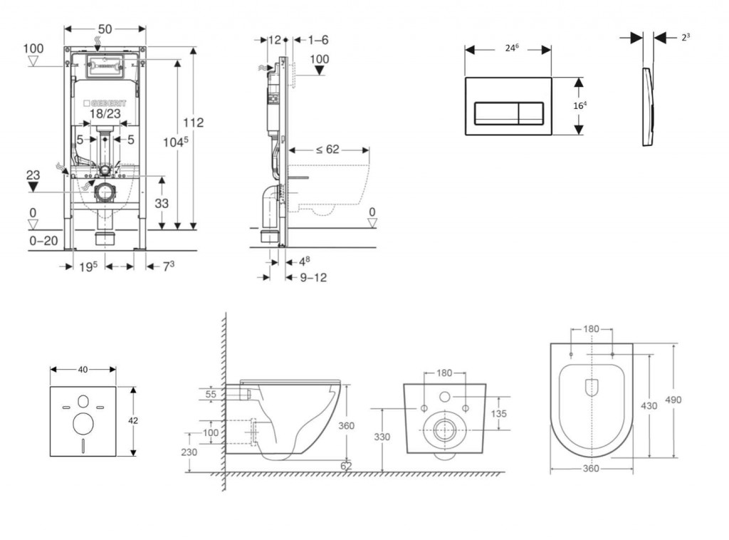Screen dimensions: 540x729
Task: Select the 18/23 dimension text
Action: click(x=105, y=114)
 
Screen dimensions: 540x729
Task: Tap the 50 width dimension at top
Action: click(x=105, y=29)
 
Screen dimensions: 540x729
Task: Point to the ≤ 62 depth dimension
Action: click(x=327, y=150)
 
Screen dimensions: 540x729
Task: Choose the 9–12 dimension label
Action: click(x=313, y=277)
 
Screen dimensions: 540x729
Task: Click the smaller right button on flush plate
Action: click(x=530, y=111)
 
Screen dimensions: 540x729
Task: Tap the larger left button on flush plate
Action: click(x=497, y=111)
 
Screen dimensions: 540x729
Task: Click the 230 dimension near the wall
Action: click(x=188, y=452)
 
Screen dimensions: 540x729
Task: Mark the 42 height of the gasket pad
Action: click(x=133, y=420)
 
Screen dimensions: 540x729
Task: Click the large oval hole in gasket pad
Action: click(x=83, y=423)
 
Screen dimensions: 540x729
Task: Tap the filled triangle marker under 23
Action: click(x=33, y=186)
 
